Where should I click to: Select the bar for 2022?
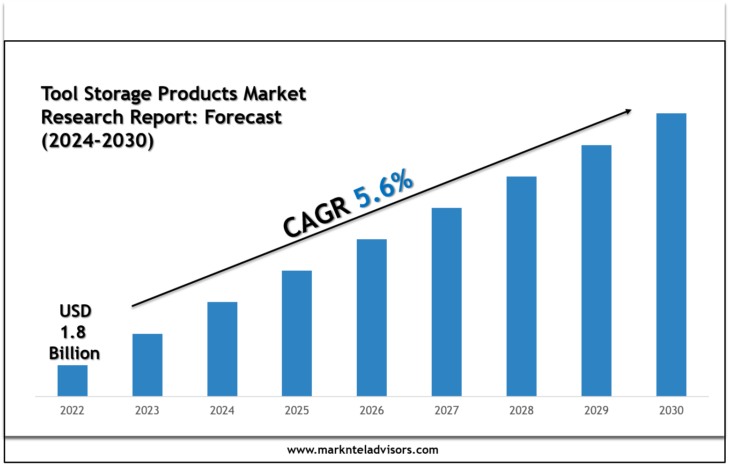tap(73, 380)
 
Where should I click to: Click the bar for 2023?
tap(147, 365)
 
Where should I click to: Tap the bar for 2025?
tap(297, 333)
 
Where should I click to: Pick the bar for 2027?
tap(447, 302)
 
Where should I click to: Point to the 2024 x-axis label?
tap(222, 411)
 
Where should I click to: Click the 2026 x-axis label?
tap(372, 411)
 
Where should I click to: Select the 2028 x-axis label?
tap(522, 411)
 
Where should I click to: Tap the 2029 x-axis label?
tap(596, 411)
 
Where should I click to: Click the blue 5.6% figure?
tap(383, 189)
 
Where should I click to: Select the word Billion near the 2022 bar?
tap(74, 353)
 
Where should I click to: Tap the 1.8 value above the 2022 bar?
tap(74, 332)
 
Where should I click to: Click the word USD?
tap(75, 311)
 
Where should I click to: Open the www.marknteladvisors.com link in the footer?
tap(363, 450)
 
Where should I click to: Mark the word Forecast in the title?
tap(243, 117)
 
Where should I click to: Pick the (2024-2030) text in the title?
tap(97, 140)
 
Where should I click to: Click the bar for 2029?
tap(596, 270)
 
